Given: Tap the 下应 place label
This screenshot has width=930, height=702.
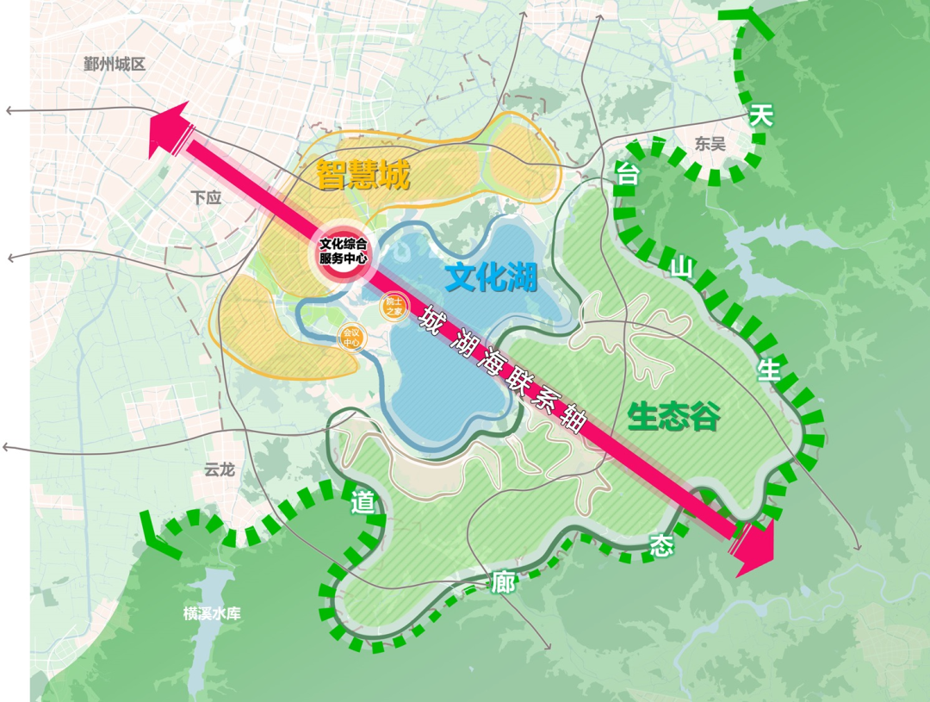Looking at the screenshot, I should [x=206, y=197].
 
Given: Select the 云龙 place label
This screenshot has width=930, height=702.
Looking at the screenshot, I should [x=219, y=470].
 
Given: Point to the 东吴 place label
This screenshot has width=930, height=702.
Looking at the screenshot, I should [x=710, y=144].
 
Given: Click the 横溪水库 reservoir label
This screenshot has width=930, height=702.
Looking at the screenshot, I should [x=212, y=613].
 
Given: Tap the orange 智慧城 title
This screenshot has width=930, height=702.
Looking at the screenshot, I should [x=362, y=175].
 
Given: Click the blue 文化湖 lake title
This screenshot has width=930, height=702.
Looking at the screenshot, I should [x=491, y=277].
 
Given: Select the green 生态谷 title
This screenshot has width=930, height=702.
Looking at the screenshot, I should [x=673, y=417].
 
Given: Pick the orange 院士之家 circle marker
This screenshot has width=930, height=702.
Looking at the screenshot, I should [x=394, y=306].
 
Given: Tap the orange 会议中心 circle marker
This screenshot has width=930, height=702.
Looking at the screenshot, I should [x=351, y=337].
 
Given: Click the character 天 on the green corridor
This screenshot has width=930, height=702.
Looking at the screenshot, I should [x=759, y=115].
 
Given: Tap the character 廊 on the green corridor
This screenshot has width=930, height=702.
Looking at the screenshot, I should [x=503, y=582].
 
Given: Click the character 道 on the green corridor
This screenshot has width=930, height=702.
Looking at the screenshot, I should [x=363, y=503].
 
